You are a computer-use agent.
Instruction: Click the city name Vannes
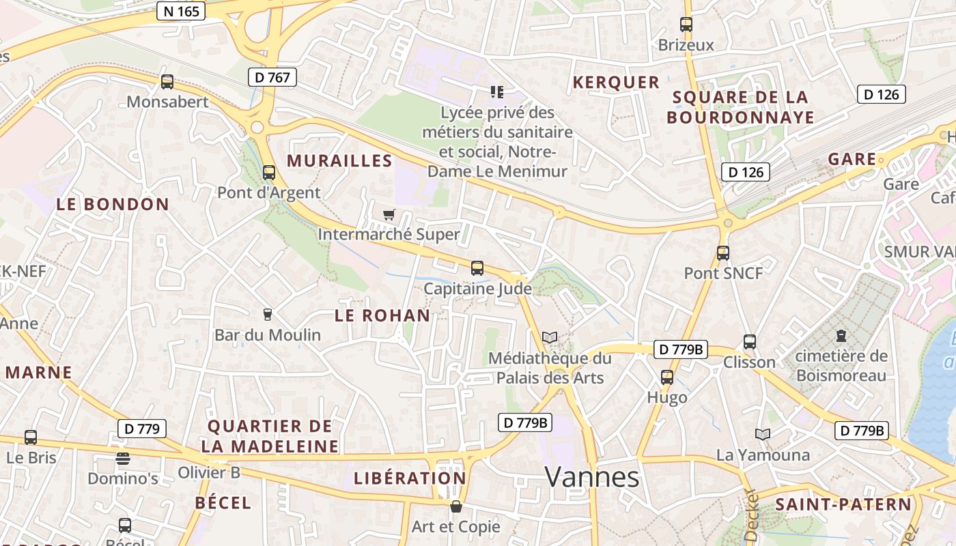point(592,477)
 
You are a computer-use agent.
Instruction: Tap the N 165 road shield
point(180,11)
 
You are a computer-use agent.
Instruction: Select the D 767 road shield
point(272,77)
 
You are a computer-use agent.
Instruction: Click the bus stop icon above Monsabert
point(167,82)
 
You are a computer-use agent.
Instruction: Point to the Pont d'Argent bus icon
point(269,172)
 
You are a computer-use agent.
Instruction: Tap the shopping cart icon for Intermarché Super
point(389,215)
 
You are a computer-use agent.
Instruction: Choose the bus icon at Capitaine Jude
point(477,268)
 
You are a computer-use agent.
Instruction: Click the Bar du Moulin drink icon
point(268,315)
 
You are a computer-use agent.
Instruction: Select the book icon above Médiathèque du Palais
point(550,337)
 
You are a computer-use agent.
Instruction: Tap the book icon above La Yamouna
point(763,434)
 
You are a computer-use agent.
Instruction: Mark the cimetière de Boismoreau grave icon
point(841,336)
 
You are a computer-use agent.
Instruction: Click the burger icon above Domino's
point(123,458)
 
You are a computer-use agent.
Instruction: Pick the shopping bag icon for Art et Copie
point(455,506)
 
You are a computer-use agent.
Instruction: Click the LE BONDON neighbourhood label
point(113,204)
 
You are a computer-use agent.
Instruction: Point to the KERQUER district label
point(616,83)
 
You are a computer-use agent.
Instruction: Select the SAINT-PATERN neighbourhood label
point(843,504)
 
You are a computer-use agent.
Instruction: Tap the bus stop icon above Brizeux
point(686,25)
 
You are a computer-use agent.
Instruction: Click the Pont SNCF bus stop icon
point(723,253)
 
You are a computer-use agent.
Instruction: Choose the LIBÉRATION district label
point(410,478)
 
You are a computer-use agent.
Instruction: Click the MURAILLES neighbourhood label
point(339,161)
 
